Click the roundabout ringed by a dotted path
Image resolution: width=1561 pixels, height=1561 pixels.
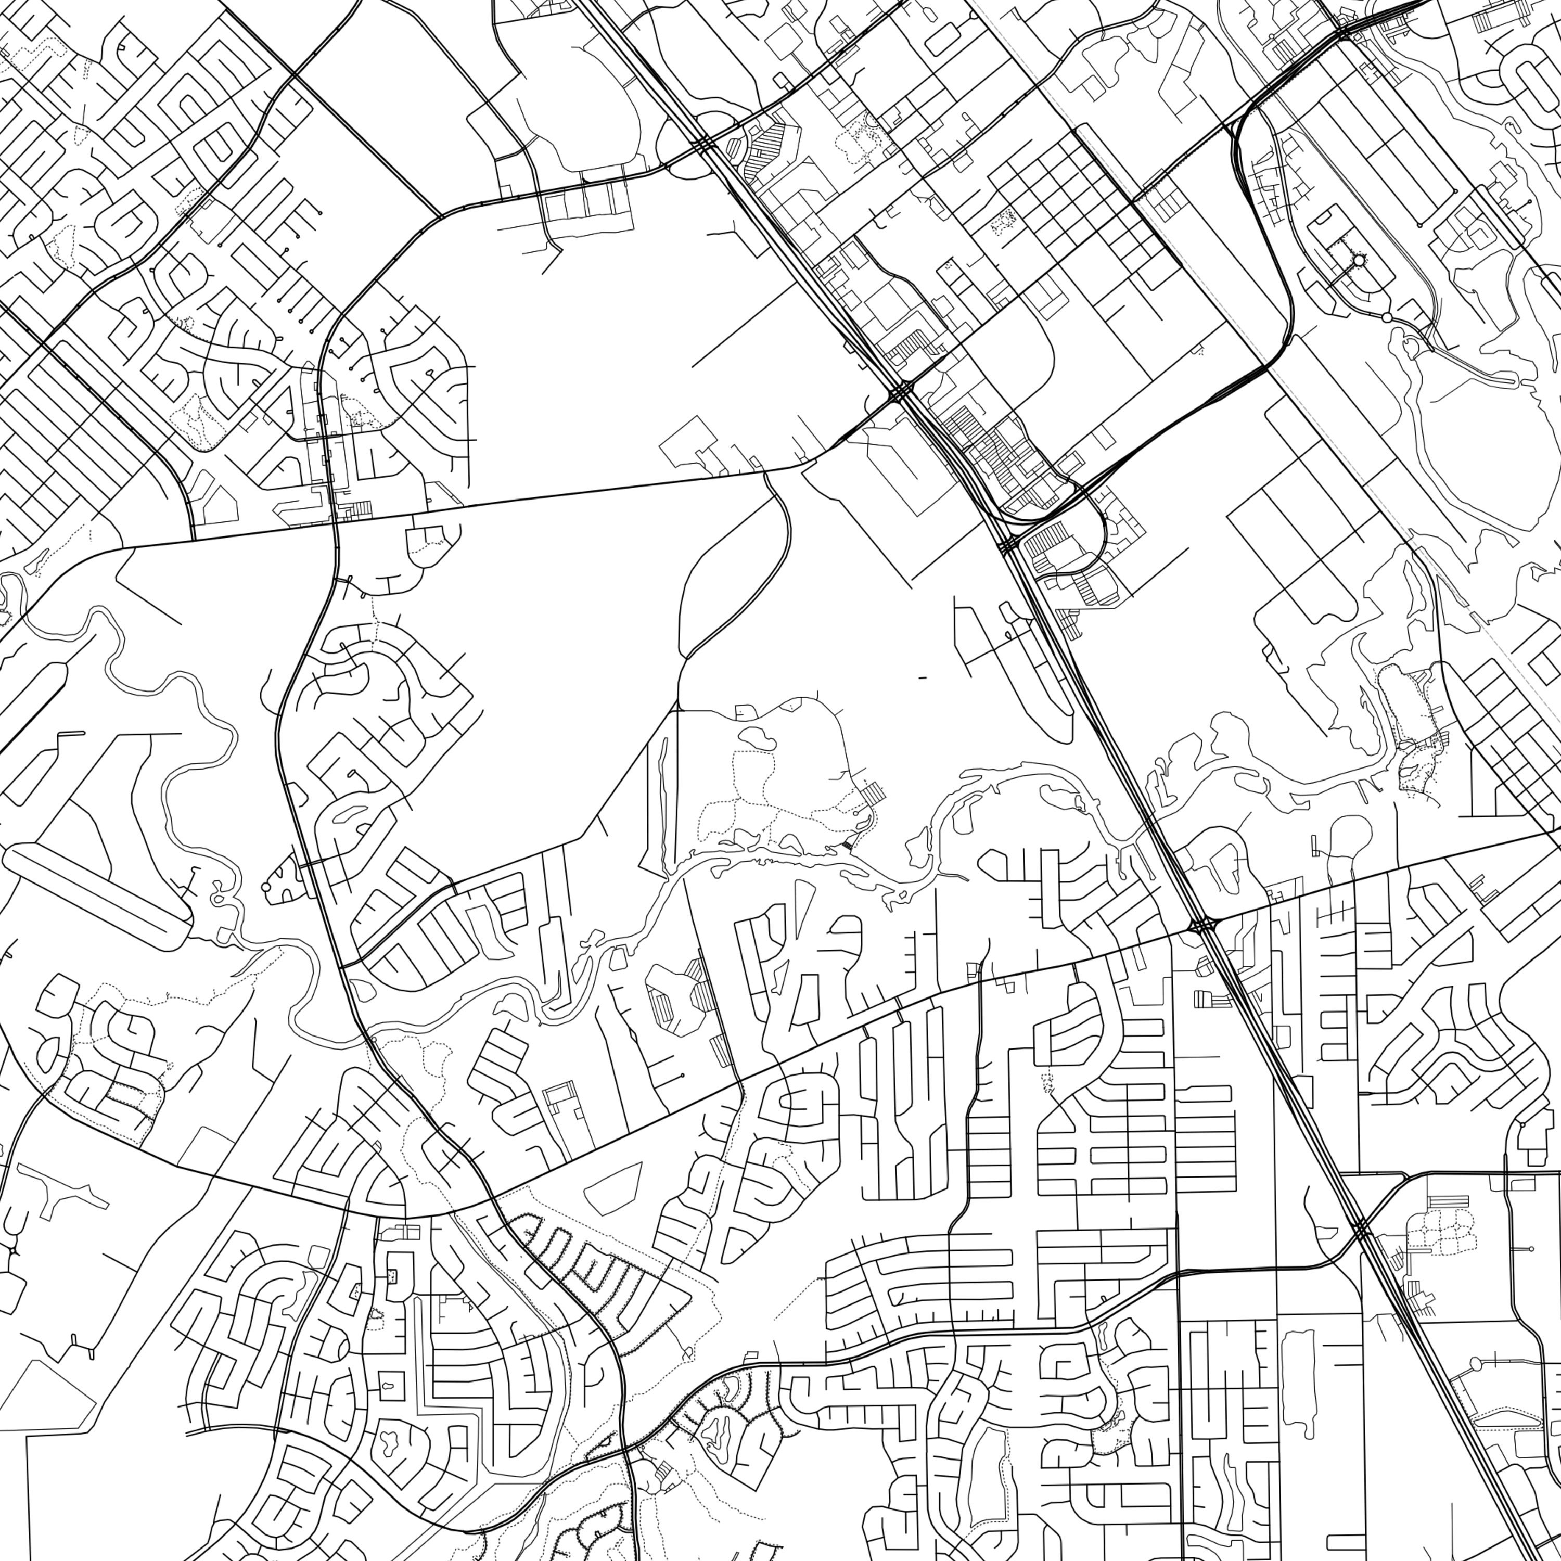(1358, 260)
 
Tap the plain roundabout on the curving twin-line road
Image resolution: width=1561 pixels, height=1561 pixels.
(1387, 317)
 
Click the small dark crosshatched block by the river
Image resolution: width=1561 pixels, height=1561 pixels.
(846, 845)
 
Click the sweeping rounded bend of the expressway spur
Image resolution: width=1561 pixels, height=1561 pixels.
(1285, 339)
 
